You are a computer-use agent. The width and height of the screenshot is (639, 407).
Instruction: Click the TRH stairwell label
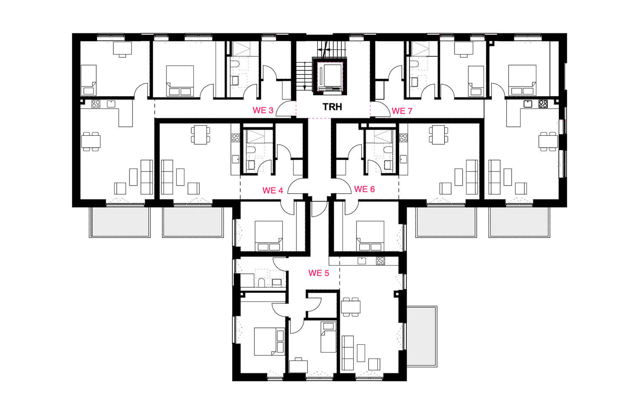(x=332, y=107)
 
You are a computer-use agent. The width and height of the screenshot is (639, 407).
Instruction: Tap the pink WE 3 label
(x=263, y=110)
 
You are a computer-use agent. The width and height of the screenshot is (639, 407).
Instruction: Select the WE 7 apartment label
(x=402, y=111)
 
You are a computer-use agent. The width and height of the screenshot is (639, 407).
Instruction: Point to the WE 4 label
(x=273, y=190)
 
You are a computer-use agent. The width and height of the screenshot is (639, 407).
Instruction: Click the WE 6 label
(x=364, y=189)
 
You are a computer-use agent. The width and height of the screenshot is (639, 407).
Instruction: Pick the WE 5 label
(x=319, y=273)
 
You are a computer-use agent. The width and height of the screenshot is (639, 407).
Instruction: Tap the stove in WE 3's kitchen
(x=95, y=104)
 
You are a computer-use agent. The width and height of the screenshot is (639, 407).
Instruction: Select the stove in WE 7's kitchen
(x=543, y=104)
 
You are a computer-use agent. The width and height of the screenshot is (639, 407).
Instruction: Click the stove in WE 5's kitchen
(x=380, y=261)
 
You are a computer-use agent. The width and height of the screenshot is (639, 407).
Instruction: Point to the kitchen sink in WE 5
(x=362, y=261)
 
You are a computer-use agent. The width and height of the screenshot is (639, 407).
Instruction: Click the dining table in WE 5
(x=351, y=307)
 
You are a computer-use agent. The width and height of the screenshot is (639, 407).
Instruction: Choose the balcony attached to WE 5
(x=422, y=336)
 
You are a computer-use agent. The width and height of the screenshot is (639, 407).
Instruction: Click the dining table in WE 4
(x=200, y=135)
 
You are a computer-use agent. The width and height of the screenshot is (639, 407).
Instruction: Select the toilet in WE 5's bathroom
(x=261, y=282)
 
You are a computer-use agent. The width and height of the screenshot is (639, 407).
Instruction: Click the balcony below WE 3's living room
(x=120, y=222)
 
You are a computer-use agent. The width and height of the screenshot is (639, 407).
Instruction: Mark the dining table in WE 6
(x=438, y=135)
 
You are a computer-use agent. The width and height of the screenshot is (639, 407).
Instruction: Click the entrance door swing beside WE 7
(x=380, y=109)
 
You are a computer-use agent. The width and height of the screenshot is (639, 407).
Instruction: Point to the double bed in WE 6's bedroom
(x=370, y=236)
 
